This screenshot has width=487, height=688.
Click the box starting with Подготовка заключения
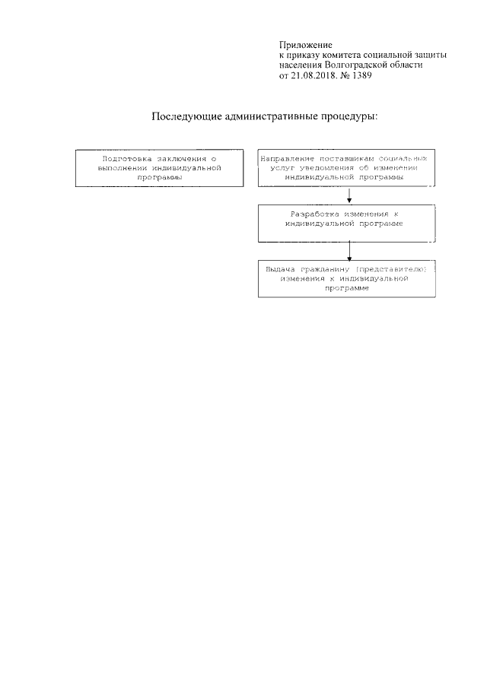[161, 168]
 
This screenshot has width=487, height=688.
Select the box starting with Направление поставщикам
[348, 168]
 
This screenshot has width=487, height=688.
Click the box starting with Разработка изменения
[348, 223]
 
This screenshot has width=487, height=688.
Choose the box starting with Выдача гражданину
[348, 279]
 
